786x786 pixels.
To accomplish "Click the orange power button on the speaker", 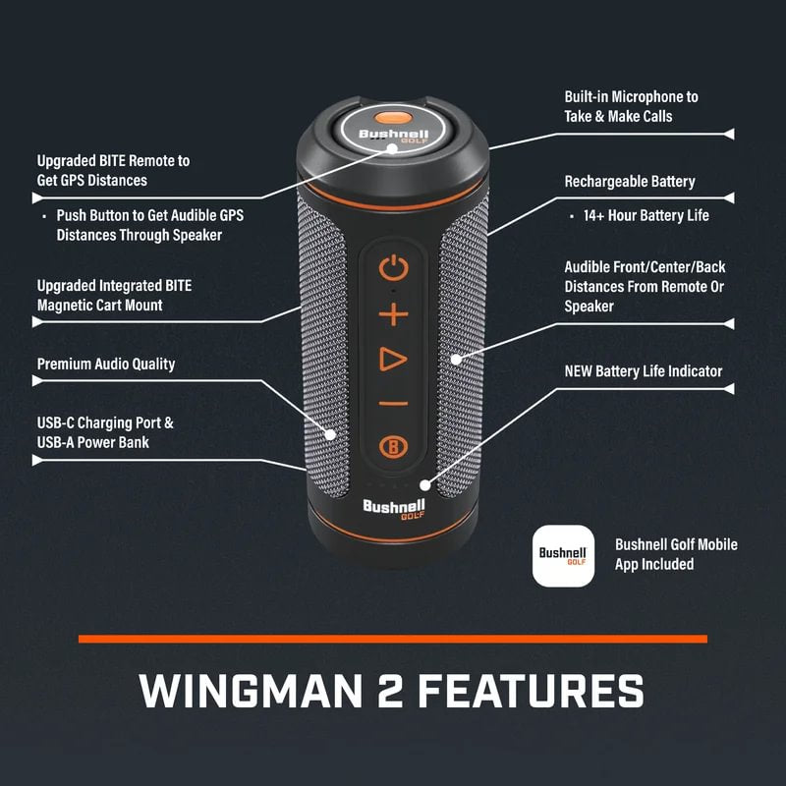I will (393, 267).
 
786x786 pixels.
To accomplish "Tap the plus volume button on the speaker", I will (393, 314).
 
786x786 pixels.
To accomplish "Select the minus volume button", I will (393, 403).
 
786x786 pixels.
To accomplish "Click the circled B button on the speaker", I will (393, 446).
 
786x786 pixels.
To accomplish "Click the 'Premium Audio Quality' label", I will (106, 365).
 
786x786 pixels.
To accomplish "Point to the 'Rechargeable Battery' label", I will (629, 182).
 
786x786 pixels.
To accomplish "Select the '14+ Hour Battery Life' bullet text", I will (646, 215).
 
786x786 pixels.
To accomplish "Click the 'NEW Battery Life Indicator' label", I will (643, 371).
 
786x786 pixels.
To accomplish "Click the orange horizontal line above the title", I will (393, 639).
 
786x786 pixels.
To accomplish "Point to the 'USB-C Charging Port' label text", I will (105, 423).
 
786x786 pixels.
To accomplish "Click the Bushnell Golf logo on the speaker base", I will (393, 512).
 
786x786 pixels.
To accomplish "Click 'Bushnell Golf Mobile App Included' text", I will (675, 554).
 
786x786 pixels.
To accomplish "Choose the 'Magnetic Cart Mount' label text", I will (99, 306).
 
